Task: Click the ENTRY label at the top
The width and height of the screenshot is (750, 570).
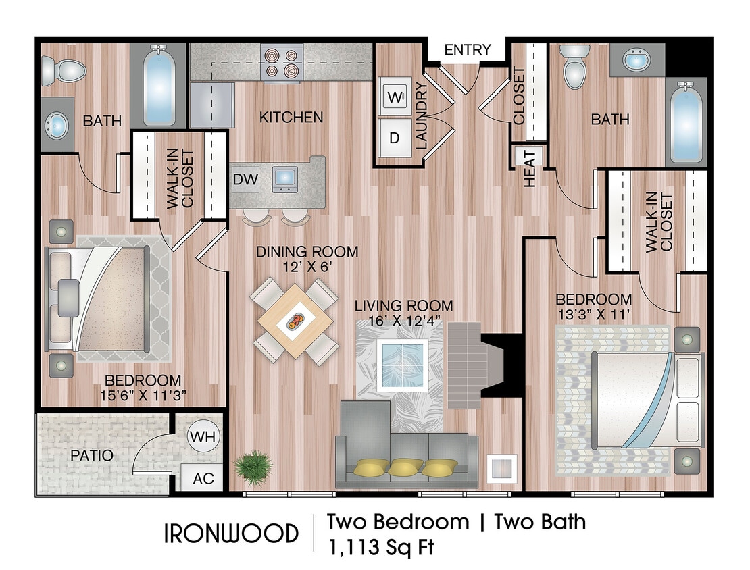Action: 467,49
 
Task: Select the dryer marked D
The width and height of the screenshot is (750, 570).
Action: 395,138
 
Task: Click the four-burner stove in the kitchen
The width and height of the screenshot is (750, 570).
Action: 280,62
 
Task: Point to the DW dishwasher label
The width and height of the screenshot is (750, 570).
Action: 244,179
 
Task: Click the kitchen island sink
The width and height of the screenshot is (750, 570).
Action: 284,178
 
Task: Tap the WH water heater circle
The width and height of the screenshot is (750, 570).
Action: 203,436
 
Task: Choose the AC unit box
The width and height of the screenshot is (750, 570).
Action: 203,478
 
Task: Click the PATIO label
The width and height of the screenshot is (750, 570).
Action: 92,456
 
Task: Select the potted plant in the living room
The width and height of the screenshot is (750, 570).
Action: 254,466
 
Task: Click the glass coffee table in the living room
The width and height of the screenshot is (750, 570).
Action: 403,365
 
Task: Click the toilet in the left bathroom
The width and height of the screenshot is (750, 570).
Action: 63,70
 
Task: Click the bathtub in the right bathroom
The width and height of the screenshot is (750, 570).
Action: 686,122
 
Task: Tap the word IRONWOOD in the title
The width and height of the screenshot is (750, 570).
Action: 231,534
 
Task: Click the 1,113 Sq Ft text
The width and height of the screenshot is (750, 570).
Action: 380,546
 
